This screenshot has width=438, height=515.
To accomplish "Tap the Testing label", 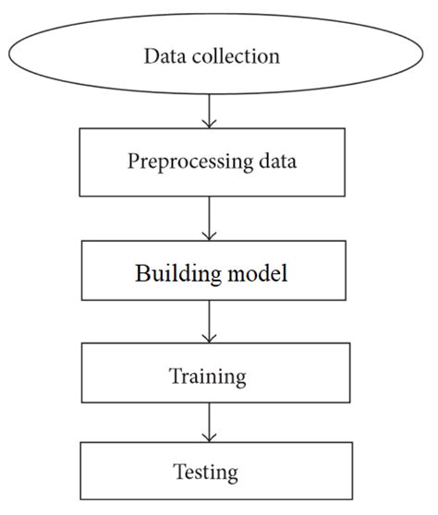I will (x=206, y=473).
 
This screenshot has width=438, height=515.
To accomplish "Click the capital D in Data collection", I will (x=151, y=56).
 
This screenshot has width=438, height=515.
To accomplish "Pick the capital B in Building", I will (x=141, y=274).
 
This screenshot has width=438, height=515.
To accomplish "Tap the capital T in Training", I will (x=174, y=377).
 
